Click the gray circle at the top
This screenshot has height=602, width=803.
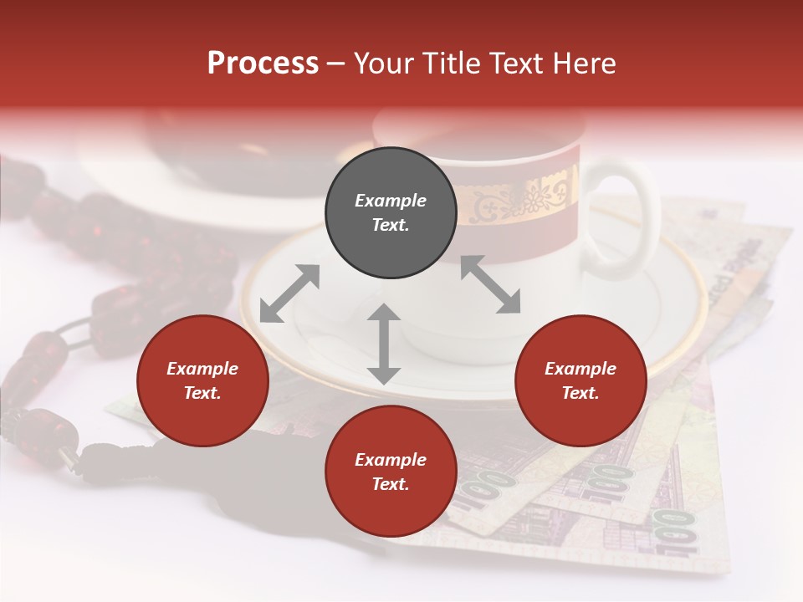[x=391, y=213]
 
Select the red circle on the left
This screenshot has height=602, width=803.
[x=202, y=380]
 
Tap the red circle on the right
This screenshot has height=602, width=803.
[x=581, y=380]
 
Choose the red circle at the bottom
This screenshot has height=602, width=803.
[x=391, y=472]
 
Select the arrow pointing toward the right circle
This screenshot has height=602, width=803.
[x=490, y=284]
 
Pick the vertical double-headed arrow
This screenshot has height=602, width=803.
[x=384, y=344]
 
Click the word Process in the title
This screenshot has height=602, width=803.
[x=263, y=63]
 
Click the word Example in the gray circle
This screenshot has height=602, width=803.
[x=391, y=201]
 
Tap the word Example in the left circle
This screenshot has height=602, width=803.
[x=202, y=369]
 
